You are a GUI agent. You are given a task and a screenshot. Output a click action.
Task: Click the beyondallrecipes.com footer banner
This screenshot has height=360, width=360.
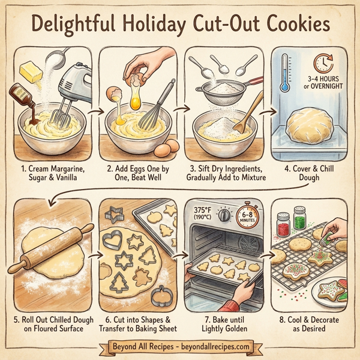pyautogui.click(x=180, y=347)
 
